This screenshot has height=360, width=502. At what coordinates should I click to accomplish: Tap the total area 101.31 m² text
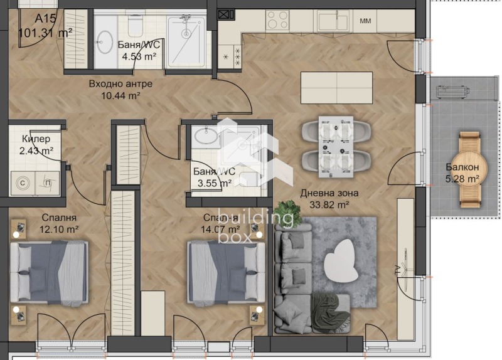45,33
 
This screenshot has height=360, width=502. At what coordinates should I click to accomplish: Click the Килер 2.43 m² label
36,144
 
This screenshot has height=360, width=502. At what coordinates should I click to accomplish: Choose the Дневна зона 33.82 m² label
324,198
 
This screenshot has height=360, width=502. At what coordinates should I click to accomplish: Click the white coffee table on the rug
341,261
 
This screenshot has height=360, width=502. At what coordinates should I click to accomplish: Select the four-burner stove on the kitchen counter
277,21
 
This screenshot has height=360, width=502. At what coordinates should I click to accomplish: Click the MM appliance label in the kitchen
365,21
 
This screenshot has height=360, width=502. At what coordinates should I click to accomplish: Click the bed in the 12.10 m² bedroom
49,271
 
